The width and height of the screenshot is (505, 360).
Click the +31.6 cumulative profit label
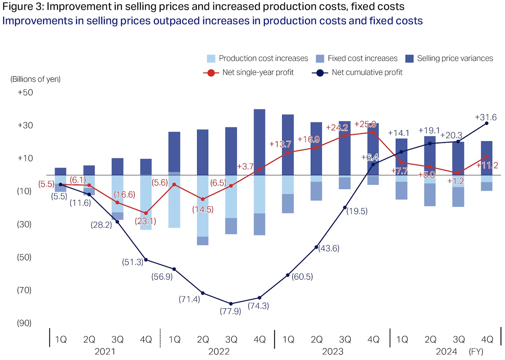tap(485, 117)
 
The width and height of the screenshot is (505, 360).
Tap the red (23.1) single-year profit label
tap(145, 222)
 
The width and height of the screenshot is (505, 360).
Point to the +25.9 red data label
tap(368, 124)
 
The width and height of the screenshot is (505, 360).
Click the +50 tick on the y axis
tap(25, 92)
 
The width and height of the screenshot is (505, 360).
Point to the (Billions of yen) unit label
tap(35, 79)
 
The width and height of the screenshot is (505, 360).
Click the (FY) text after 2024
tap(476, 351)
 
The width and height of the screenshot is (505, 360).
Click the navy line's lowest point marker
tap(231, 303)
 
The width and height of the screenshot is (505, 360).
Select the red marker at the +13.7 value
tap(288, 152)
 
